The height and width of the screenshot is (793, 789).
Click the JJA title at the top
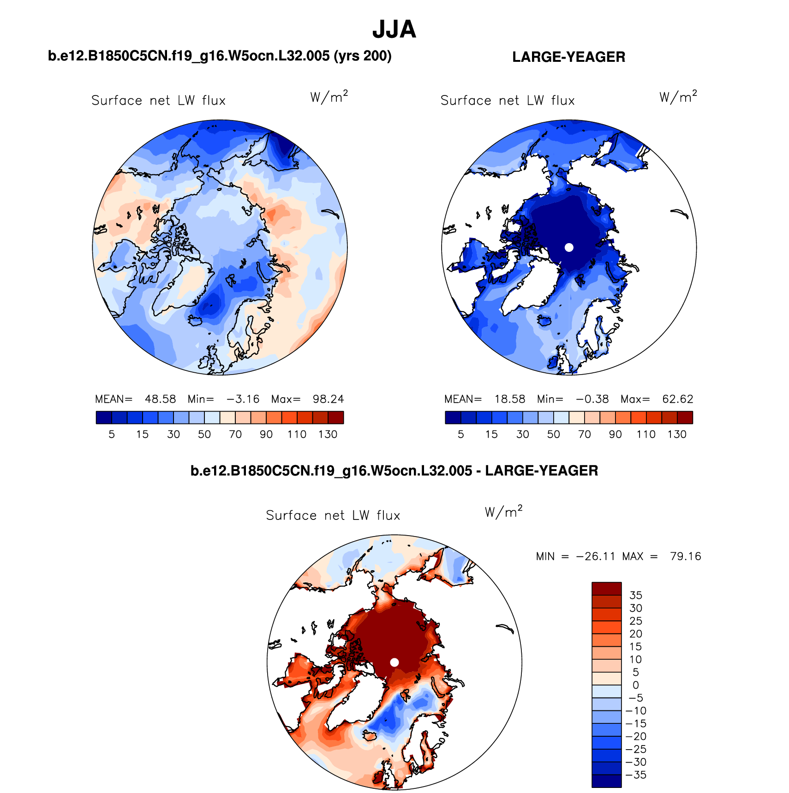(x=394, y=30)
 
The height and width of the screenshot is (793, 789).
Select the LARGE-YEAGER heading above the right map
(x=568, y=57)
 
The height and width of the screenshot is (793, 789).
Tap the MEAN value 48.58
(x=160, y=399)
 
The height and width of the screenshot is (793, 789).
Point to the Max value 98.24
(x=328, y=399)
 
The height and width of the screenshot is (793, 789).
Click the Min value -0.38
(x=592, y=399)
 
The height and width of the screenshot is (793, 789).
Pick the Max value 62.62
(x=677, y=399)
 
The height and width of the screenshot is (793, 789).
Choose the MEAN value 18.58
(x=509, y=399)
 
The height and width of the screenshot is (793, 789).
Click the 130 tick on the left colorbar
(x=328, y=434)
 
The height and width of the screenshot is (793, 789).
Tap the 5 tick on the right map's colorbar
(x=460, y=434)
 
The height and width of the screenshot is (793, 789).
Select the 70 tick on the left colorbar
(x=235, y=434)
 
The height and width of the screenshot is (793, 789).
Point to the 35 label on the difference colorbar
(x=635, y=596)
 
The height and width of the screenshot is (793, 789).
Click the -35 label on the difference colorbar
(x=636, y=775)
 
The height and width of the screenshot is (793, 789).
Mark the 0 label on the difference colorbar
(x=635, y=685)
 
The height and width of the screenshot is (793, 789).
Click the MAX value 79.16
(x=685, y=556)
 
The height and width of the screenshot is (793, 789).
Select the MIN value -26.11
(x=595, y=556)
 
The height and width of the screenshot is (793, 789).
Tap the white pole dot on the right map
(x=569, y=247)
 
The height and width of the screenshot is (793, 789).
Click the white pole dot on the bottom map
(x=394, y=662)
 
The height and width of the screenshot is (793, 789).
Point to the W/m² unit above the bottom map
(x=503, y=512)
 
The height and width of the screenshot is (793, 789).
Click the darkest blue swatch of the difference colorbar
(x=606, y=781)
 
